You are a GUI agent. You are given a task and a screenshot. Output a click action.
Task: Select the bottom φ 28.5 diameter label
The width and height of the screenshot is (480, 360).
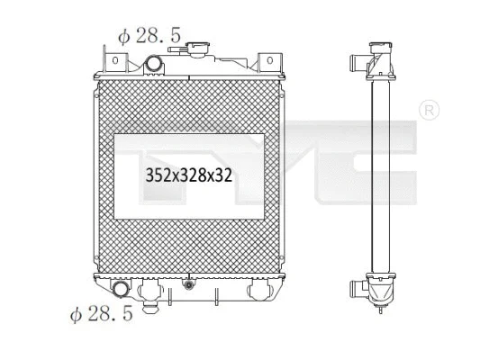pos(102,314)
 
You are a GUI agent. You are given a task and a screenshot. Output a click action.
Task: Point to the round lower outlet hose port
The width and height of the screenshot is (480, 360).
pos(121,290)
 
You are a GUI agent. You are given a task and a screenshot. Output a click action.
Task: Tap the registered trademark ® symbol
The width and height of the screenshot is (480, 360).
pos(430,111)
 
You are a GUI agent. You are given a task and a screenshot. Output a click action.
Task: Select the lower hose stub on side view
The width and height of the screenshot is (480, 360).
pos(358,290)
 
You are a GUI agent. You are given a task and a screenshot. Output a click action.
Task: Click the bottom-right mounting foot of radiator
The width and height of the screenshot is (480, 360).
pos(258,292)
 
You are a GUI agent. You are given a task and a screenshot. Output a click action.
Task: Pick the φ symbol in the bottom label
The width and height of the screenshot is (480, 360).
pos(76,315)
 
